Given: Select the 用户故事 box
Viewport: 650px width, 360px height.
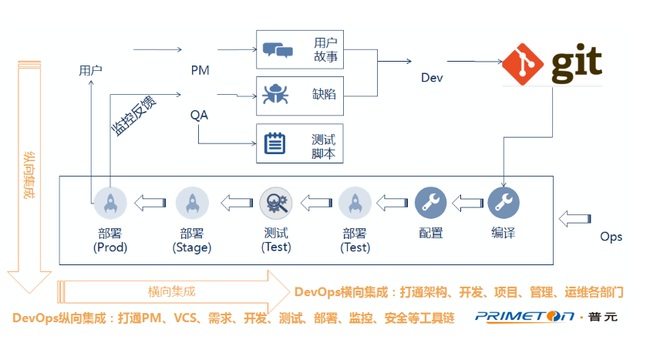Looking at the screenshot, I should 299,50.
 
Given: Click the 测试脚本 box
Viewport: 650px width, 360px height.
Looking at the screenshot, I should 299,143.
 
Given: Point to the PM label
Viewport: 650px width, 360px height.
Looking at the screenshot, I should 200,70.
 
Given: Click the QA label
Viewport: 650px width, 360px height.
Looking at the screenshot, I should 199,115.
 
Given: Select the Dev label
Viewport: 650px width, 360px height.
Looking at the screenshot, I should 432,78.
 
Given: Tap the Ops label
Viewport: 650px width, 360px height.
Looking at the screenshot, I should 611,237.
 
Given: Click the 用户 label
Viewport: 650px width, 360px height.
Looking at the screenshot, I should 90,70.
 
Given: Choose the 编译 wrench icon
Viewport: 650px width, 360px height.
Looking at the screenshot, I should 503,204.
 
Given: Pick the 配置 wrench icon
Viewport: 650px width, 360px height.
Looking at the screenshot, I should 431,204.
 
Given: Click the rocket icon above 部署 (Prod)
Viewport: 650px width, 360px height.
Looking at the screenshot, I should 109,204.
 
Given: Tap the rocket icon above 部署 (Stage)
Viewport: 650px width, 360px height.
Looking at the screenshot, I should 192,204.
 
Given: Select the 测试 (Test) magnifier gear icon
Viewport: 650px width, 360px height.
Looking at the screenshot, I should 274,204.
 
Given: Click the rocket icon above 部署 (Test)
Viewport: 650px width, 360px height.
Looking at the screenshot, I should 355,204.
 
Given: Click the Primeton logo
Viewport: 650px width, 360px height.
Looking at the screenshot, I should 546,315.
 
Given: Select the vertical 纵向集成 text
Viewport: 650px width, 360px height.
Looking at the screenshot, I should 29,174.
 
